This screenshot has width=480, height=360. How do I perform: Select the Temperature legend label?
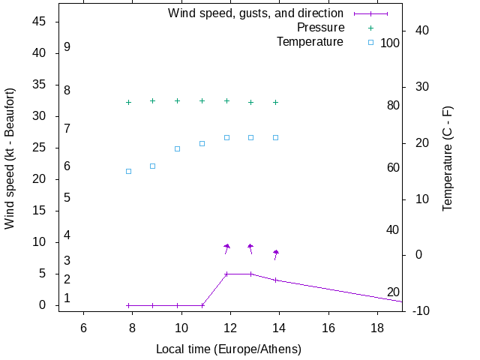[310, 42]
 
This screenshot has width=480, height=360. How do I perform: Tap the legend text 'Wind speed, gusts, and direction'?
[256, 13]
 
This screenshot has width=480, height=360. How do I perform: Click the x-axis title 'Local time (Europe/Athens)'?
[228, 349]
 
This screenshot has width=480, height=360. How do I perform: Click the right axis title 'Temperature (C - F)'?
[448, 158]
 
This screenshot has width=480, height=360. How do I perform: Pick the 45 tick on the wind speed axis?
[40, 22]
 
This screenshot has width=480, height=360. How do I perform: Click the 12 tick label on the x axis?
[230, 328]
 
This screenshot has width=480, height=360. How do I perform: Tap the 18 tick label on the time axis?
[377, 328]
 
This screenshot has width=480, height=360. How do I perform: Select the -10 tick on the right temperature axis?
[420, 311]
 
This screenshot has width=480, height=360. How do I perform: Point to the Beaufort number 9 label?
[67, 46]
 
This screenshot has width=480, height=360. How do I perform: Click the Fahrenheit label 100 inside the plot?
[390, 43]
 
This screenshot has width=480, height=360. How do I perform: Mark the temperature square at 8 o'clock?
[128, 171]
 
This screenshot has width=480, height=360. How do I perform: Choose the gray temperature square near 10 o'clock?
[178, 148]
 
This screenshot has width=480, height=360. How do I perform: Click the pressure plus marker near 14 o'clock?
[276, 102]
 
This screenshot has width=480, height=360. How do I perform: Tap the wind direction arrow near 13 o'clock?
[250, 249]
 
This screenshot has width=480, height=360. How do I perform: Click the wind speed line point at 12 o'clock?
[226, 274]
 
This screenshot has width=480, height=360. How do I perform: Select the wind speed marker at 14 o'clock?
[276, 280]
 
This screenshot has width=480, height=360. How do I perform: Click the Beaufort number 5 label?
[67, 198]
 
